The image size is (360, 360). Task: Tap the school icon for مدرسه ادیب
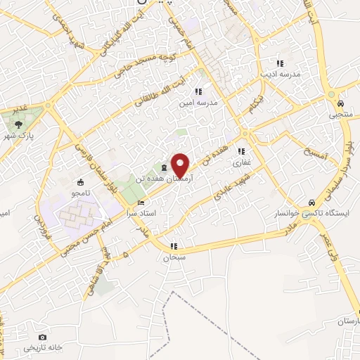[281, 63]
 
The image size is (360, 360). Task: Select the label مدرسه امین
[198, 103]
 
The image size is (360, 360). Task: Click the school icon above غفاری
[241, 150]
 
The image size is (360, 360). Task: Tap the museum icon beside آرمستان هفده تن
[164, 167]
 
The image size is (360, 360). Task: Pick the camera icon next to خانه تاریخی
[43, 337]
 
